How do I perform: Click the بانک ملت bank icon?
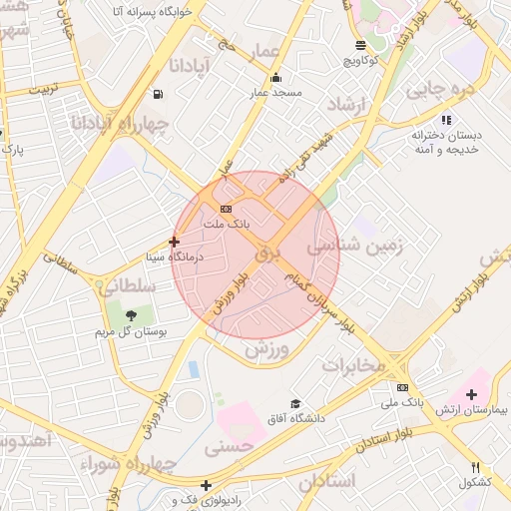227,209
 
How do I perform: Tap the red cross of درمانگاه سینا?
175,241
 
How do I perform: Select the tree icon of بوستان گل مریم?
131,315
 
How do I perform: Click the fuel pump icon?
158,95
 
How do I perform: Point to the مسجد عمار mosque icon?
275,78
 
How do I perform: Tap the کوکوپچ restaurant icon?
360,45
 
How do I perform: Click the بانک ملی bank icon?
402,387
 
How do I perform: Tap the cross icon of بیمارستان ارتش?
471,395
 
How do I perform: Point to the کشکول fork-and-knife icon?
476,467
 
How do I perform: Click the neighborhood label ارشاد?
348,105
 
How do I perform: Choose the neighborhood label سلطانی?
128,285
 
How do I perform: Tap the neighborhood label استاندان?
326,481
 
